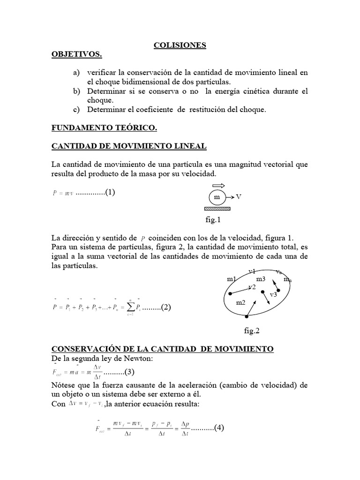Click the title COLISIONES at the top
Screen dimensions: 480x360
(180, 45)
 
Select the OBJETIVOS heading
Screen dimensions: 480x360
(76, 55)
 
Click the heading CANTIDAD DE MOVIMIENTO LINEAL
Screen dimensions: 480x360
(128, 146)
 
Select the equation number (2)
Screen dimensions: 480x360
(167, 307)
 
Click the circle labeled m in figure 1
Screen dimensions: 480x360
(217, 197)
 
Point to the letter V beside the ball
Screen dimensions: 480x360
(239, 197)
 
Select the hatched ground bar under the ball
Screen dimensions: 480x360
(217, 208)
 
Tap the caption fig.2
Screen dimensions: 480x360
(252, 330)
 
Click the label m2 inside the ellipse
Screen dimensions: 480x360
(240, 303)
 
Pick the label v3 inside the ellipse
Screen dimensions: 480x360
(273, 295)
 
